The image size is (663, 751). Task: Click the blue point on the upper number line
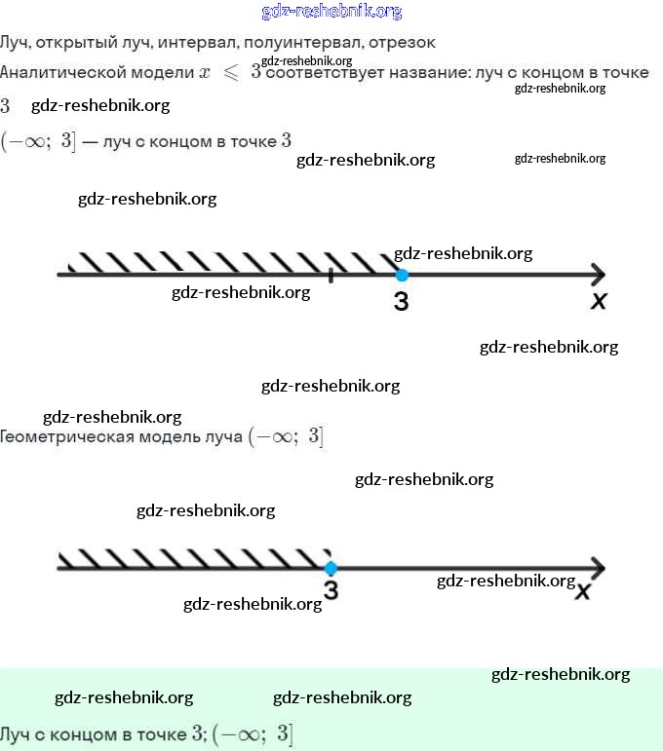(x=401, y=276)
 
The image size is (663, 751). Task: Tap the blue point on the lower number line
(x=331, y=568)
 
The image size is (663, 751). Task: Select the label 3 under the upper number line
(x=401, y=302)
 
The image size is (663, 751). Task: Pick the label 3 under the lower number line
(x=331, y=591)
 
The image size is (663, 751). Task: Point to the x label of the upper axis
(x=599, y=302)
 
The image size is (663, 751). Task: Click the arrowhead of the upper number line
(x=598, y=276)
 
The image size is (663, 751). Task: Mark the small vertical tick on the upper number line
(x=331, y=276)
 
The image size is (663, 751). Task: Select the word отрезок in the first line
(x=403, y=43)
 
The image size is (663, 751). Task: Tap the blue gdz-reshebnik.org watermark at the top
(x=332, y=12)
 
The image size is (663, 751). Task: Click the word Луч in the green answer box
(x=19, y=732)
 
